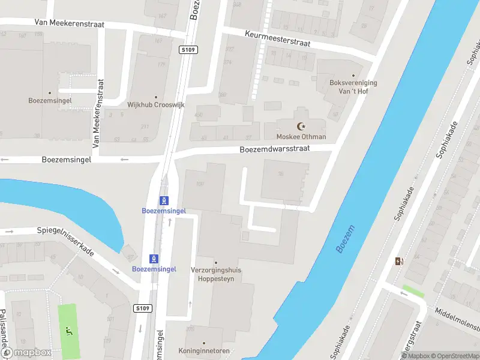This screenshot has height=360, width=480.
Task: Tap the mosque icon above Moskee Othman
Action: point(301,126)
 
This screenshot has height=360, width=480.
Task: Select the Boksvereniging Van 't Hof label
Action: point(353,87)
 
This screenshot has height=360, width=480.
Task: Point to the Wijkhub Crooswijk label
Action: point(156,104)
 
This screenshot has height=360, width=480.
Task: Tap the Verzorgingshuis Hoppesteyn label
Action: point(216,274)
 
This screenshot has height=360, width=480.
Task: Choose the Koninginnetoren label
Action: point(204,350)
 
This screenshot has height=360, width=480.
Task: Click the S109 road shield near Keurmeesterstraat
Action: point(188,51)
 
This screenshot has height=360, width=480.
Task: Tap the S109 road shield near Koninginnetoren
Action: point(142,308)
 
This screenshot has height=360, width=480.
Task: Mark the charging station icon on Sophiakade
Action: point(398,261)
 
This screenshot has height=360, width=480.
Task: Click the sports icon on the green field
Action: point(68,329)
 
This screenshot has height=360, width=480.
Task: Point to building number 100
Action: point(200,184)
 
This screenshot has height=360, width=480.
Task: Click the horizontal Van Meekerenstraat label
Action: point(70,24)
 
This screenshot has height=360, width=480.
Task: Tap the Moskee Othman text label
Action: point(301,137)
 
